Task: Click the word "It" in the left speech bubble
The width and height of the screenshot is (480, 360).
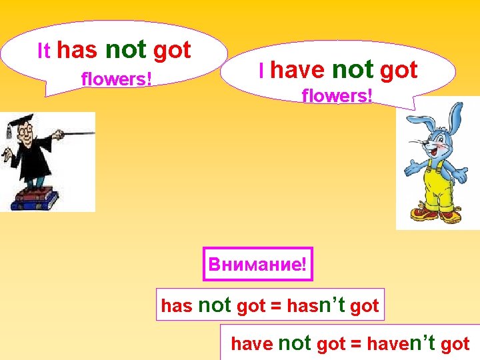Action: point(44,51)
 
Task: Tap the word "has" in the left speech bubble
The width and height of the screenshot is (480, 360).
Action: point(77,50)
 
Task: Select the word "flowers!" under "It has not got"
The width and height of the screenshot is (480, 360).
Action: point(117,79)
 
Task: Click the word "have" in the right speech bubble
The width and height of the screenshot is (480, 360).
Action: point(297,69)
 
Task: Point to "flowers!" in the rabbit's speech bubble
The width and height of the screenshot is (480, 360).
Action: point(337,96)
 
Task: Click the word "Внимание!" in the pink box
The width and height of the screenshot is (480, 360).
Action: point(257,264)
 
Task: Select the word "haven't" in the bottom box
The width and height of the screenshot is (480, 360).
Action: point(401,344)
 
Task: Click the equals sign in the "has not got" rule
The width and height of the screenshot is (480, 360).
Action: point(275,307)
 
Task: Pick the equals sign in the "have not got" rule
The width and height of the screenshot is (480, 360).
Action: point(356,345)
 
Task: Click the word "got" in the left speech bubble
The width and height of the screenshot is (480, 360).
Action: point(172,50)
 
